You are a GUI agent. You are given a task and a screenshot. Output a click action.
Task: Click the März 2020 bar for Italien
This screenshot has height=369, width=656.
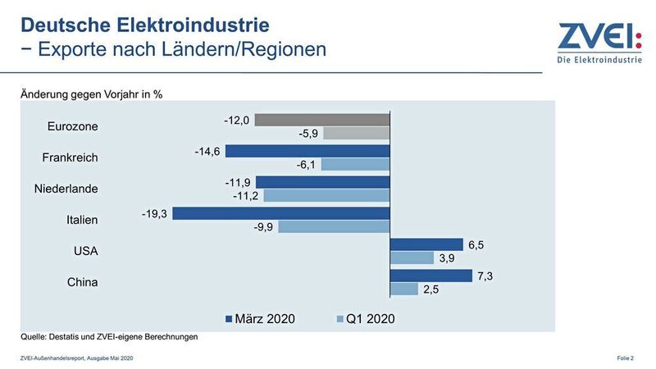[281, 213]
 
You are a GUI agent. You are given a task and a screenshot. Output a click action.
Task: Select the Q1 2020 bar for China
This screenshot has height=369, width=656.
[405, 289]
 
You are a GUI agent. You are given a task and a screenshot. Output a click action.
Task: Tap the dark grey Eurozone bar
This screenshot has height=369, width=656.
[322, 120]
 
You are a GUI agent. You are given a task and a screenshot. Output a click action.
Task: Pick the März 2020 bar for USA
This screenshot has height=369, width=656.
[426, 244]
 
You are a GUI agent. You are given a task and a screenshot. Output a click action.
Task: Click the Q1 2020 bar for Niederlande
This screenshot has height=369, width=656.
[326, 196]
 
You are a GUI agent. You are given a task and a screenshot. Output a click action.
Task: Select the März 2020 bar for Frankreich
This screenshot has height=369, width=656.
[307, 151]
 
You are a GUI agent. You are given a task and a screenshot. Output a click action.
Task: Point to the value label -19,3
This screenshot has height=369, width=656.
[154, 213]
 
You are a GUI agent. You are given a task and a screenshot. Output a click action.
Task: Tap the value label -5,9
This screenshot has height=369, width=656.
[307, 134]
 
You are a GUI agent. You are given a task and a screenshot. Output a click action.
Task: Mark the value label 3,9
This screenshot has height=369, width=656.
[448, 258]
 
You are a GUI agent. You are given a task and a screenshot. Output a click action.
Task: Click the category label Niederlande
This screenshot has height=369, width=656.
[66, 189]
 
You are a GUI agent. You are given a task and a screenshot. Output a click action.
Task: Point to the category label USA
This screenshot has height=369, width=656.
[84, 251]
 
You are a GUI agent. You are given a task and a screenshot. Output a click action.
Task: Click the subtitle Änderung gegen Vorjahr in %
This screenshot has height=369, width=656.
[91, 93]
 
